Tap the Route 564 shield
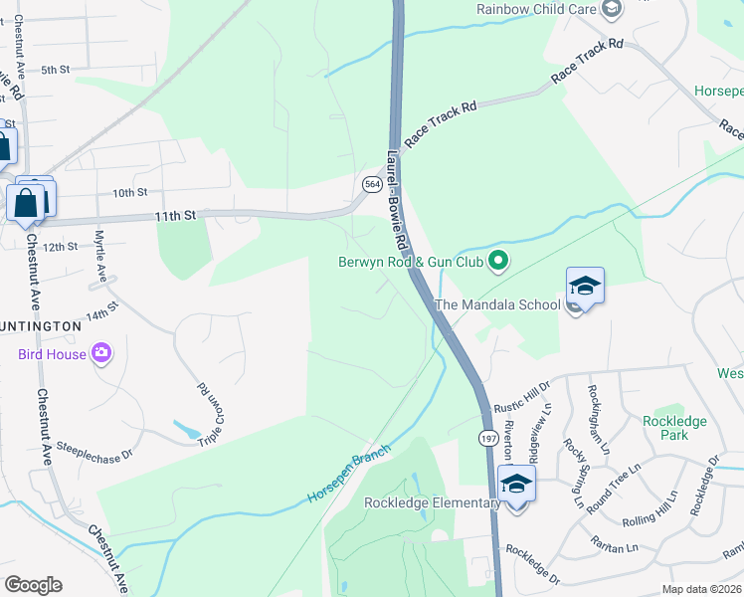click(372, 185)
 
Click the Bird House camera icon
click(100, 353)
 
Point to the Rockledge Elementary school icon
click(516, 486)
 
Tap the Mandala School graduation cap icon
click(586, 286)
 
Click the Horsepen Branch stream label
click(349, 473)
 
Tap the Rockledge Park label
click(674, 428)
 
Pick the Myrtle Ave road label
click(99, 255)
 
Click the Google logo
click(33, 585)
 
